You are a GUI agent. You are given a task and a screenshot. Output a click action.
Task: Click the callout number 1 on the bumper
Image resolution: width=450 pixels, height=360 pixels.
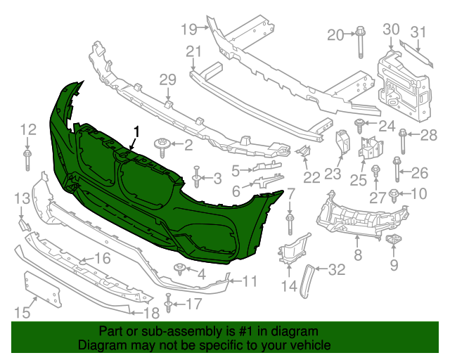(137, 131)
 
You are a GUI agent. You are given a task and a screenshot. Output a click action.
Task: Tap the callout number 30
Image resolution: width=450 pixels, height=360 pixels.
(391, 29)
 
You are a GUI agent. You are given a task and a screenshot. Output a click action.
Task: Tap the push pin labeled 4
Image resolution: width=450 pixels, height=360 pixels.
(180, 269)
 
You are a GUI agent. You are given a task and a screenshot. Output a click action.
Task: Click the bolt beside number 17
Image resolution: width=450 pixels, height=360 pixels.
(169, 304)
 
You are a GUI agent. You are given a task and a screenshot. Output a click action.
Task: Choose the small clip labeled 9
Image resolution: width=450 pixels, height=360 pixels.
(393, 243)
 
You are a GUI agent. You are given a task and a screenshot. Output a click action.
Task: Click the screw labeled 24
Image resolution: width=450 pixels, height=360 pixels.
(360, 125)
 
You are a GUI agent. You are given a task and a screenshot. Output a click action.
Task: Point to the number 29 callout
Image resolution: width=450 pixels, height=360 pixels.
(167, 80)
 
